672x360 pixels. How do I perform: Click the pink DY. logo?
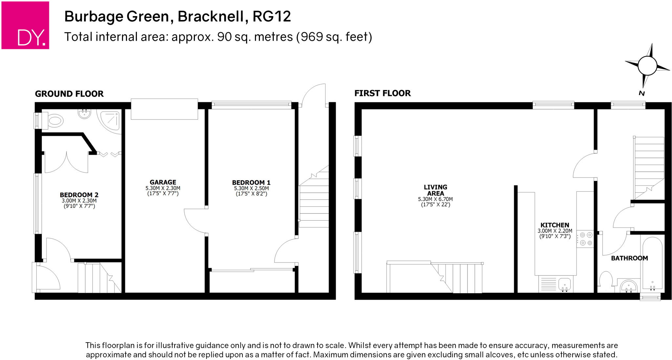25,25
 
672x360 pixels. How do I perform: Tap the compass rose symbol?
647,66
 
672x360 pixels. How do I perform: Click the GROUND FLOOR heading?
69,94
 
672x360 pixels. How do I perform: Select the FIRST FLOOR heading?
382,93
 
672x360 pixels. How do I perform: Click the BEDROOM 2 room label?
79,195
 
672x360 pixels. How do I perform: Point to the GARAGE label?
163,182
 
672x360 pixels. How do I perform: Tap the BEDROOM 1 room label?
251,182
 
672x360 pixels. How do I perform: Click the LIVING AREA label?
435,190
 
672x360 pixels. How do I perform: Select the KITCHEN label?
555,225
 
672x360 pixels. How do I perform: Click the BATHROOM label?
629,258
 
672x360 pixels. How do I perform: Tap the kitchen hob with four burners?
586,239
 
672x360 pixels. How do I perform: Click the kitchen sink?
565,284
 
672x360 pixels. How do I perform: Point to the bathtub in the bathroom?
652,264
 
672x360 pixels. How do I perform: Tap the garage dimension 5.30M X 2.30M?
163,188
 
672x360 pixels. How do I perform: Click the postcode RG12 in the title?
272,16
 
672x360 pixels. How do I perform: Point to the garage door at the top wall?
164,109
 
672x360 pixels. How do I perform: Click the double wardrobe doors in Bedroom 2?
66,162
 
